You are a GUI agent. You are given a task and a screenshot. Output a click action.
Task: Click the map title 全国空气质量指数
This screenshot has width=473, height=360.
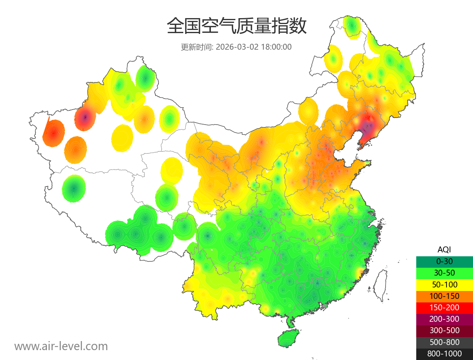pyautogui.click(x=236, y=27)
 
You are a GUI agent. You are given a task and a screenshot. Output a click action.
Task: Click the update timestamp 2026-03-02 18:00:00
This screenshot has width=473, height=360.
pyautogui.click(x=254, y=47)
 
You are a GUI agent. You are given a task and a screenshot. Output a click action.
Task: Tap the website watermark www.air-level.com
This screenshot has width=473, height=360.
pyautogui.click(x=61, y=346)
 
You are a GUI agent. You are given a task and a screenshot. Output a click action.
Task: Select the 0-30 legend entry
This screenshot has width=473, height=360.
pyautogui.click(x=444, y=261)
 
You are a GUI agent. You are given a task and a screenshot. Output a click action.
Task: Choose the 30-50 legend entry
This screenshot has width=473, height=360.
pyautogui.click(x=444, y=273)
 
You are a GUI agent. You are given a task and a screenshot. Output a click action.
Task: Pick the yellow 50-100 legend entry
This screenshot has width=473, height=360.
pyautogui.click(x=444, y=284)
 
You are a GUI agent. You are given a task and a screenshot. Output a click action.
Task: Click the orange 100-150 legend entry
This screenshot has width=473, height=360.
pyautogui.click(x=444, y=296)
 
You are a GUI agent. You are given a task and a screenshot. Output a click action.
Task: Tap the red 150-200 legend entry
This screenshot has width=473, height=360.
pyautogui.click(x=444, y=308)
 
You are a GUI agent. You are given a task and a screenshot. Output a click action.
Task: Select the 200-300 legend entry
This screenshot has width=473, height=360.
pyautogui.click(x=444, y=319)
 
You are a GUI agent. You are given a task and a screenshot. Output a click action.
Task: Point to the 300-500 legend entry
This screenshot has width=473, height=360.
pyautogui.click(x=444, y=330)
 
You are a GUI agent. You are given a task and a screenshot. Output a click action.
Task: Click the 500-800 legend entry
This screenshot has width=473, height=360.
pyautogui.click(x=444, y=342)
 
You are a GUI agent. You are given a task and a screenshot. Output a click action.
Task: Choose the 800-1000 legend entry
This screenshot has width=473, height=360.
pyautogui.click(x=444, y=354)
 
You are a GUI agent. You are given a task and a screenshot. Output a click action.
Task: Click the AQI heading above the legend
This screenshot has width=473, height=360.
pyautogui.click(x=444, y=250)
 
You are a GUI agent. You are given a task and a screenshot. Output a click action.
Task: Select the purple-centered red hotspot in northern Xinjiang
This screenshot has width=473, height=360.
pyautogui.click(x=85, y=117)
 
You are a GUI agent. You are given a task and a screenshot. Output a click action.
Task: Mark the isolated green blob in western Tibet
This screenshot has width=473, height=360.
pyautogui.click(x=74, y=188)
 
